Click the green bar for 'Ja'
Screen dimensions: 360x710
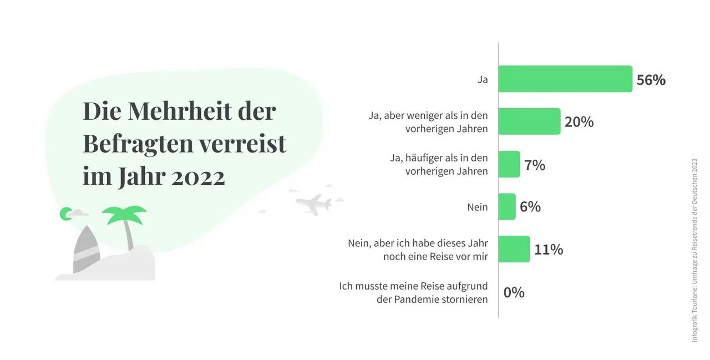565,79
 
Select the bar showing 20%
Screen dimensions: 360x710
529,121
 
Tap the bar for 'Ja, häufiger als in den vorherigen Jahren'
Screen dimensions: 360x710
509,164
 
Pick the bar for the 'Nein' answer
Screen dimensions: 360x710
507,206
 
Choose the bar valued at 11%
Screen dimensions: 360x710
514,249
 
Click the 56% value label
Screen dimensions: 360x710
651,80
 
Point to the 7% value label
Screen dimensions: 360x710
535,165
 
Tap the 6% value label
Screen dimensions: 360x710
530,207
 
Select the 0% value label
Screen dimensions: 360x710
514,292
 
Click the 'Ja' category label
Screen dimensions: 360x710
483,79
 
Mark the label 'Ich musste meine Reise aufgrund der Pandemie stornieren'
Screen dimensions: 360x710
414,292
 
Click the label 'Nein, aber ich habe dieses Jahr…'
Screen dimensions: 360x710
418,250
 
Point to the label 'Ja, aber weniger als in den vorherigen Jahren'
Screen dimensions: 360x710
428,122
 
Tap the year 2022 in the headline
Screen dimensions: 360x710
198,177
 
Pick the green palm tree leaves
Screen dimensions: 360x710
124,214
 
